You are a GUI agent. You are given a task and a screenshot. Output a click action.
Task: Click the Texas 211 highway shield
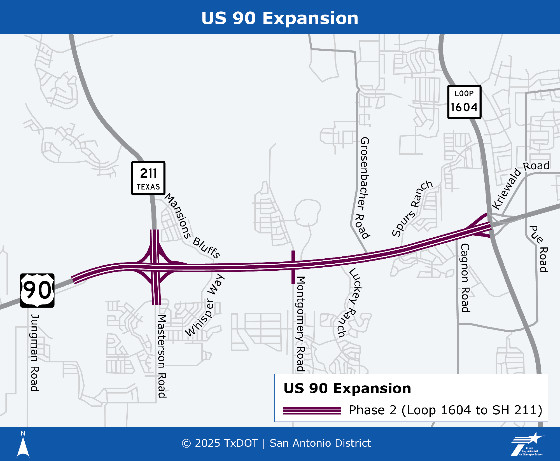(x=148, y=178)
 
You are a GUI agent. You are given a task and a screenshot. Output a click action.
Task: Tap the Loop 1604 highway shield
(x=464, y=102)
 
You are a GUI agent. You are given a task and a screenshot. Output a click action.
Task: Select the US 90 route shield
(x=37, y=290)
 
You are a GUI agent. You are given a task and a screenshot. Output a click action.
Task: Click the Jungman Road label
(x=35, y=353)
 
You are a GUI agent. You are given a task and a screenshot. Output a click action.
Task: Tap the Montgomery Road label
(x=300, y=324)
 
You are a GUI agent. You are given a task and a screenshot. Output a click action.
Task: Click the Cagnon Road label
(x=465, y=278)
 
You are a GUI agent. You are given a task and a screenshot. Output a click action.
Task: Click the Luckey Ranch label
(x=351, y=302)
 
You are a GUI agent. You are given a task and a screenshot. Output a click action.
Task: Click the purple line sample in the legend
(x=312, y=411)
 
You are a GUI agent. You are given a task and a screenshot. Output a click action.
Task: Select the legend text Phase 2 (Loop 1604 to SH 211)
(x=445, y=410)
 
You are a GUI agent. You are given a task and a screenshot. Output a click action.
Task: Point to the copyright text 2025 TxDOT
(x=220, y=443)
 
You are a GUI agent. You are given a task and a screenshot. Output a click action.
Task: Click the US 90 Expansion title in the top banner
(x=280, y=18)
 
